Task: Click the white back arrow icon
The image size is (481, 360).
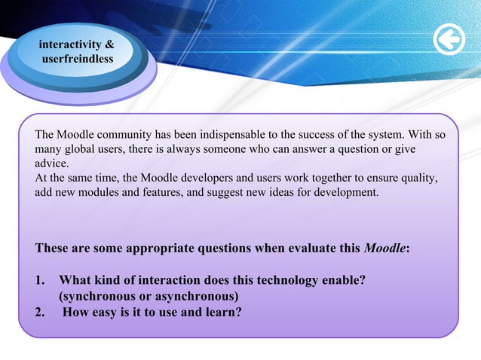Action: pyautogui.click(x=449, y=41)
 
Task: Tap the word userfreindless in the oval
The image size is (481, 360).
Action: pyautogui.click(x=78, y=59)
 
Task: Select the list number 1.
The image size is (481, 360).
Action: pyautogui.click(x=41, y=280)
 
